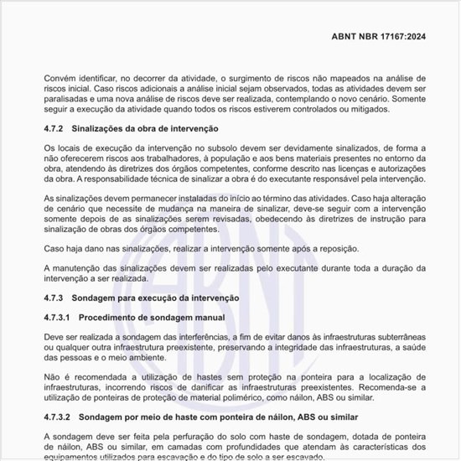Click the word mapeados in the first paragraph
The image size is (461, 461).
[x=331, y=78]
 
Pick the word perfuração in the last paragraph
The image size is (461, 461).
[x=190, y=437]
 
